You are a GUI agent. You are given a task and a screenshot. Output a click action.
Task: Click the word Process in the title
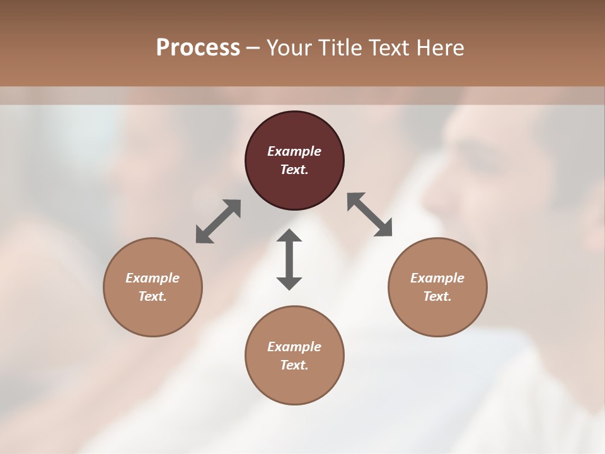(x=198, y=48)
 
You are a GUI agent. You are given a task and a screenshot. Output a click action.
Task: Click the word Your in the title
(x=291, y=48)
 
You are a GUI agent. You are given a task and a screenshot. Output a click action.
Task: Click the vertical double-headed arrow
(x=289, y=260)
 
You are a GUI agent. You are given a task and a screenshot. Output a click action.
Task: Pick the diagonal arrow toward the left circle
(x=218, y=221)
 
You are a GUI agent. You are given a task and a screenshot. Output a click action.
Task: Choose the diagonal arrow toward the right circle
(x=370, y=214)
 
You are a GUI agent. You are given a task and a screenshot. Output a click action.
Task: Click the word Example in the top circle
(x=294, y=151)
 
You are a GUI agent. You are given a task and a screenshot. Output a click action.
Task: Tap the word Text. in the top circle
(x=294, y=170)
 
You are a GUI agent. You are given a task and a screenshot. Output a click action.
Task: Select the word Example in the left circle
(x=153, y=278)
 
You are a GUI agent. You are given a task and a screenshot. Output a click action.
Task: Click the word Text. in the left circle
(x=153, y=296)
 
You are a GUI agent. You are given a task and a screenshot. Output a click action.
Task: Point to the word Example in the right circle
(x=437, y=278)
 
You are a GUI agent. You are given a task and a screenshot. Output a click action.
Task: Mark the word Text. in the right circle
(x=437, y=296)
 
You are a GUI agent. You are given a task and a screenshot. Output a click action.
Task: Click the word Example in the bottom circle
(x=294, y=347)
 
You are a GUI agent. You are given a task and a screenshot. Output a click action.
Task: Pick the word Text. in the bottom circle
(x=294, y=365)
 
